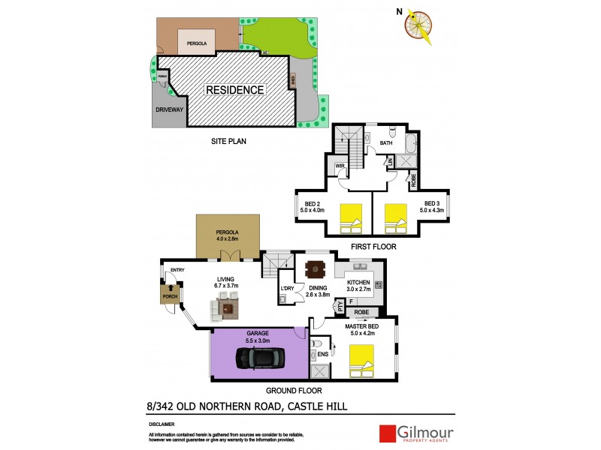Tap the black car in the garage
pyautogui.click(x=261, y=358)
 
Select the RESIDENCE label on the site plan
pyautogui.click(x=236, y=90)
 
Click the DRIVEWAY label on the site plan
pyautogui.click(x=169, y=110)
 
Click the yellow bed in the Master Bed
pyautogui.click(x=361, y=361)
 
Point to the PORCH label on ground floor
pyautogui.click(x=170, y=298)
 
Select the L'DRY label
pyautogui.click(x=286, y=289)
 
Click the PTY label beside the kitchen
pyautogui.click(x=340, y=305)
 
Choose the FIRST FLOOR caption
pyautogui.click(x=373, y=246)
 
